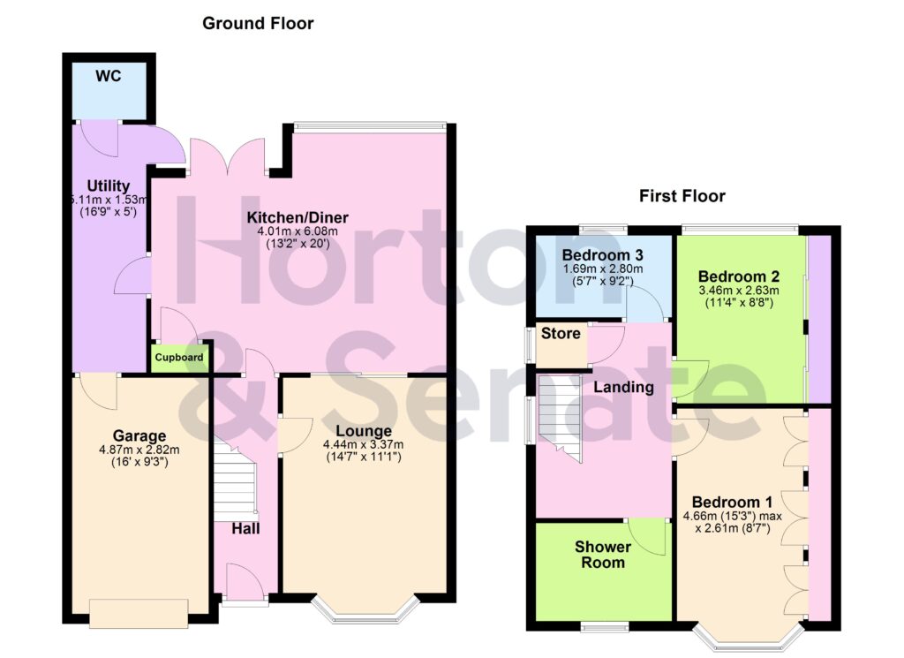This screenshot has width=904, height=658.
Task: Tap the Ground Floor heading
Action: pos(258,24)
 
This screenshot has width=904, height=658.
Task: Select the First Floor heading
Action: pos(682,196)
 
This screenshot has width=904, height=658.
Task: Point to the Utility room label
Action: pos(109,186)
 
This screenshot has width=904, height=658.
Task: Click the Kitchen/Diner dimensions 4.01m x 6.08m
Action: pos(298,231)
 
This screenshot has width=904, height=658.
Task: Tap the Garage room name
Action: pos(139,435)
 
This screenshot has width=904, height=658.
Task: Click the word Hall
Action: pos(245,528)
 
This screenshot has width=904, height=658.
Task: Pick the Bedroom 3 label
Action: pos(603,254)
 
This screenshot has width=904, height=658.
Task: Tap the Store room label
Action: pos(561,334)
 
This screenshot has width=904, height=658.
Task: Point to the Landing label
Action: pos(623,387)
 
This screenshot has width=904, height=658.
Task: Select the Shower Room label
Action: pos(603,555)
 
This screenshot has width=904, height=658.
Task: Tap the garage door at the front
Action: pos(139,612)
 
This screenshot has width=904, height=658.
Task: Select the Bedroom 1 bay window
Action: pos(749,638)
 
